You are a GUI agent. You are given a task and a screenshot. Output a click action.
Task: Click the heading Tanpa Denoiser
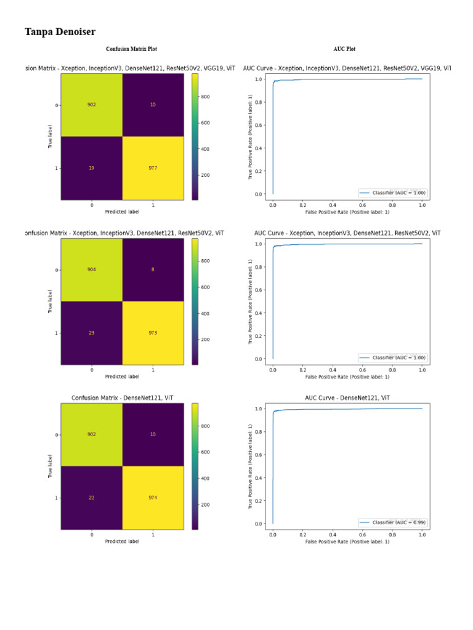pyautogui.click(x=60, y=32)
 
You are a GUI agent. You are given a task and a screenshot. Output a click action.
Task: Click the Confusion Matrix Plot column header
pyautogui.click(x=135, y=49)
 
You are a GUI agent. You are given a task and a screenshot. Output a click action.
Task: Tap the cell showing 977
pyautogui.click(x=153, y=167)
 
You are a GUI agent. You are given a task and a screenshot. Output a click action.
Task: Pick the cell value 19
pyautogui.click(x=91, y=167)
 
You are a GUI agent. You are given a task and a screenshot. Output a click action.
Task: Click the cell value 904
pyautogui.click(x=91, y=269)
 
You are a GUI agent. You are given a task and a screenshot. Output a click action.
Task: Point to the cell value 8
pyautogui.click(x=153, y=269)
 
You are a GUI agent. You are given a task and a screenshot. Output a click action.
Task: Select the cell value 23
pyautogui.click(x=91, y=333)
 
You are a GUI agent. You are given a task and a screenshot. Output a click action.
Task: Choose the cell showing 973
pyautogui.click(x=153, y=333)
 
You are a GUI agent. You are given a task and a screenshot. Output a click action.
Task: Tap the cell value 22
pyautogui.click(x=91, y=498)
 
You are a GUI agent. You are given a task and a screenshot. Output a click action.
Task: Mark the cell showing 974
pyautogui.click(x=153, y=498)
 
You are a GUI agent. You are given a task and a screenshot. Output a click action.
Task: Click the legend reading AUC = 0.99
pyautogui.click(x=392, y=522)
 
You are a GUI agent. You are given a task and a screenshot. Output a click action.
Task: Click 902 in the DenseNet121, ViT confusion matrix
pyautogui.click(x=91, y=434)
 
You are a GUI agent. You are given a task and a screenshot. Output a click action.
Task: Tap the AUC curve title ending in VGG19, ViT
pyautogui.click(x=346, y=68)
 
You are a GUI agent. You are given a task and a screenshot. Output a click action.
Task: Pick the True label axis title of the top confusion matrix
pyautogui.click(x=50, y=136)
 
